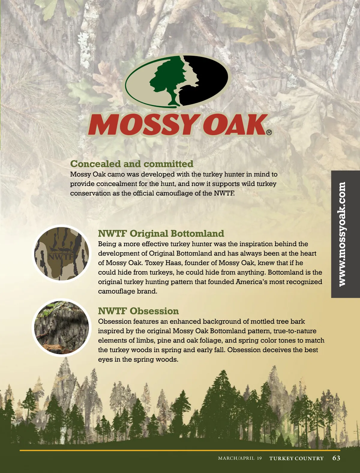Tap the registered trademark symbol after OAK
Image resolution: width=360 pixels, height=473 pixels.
coord(269,132)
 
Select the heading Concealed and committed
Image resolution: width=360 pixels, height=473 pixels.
coord(132,164)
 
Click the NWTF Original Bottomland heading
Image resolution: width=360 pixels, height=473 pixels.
coord(161,233)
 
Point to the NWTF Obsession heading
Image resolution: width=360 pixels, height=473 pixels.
coord(138,311)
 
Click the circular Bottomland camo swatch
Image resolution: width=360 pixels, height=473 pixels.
coord(61,253)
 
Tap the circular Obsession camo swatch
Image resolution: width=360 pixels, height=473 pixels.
coord(61,327)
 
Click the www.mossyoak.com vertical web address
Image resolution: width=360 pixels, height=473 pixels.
coord(342,234)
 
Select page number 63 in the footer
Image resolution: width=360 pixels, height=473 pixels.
coord(336,458)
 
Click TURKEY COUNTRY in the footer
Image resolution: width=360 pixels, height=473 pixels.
coord(296,458)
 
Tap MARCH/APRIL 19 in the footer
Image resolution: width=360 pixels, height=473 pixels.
coord(240,458)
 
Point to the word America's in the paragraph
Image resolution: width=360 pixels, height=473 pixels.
coord(250,282)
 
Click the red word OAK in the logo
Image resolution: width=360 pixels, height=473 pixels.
coord(234,124)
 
